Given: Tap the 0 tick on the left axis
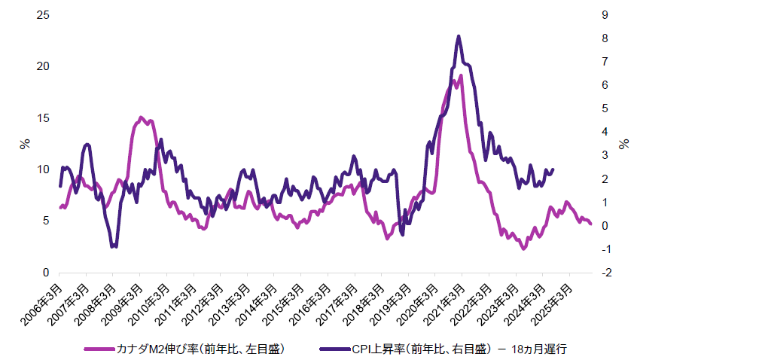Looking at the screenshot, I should pos(45,273).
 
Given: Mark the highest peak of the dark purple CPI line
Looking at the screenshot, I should pos(459,36).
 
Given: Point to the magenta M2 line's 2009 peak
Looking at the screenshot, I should pos(141,117).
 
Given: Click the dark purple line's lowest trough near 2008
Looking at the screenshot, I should pos(114,246).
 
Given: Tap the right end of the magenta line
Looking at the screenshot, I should pos(590,224).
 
